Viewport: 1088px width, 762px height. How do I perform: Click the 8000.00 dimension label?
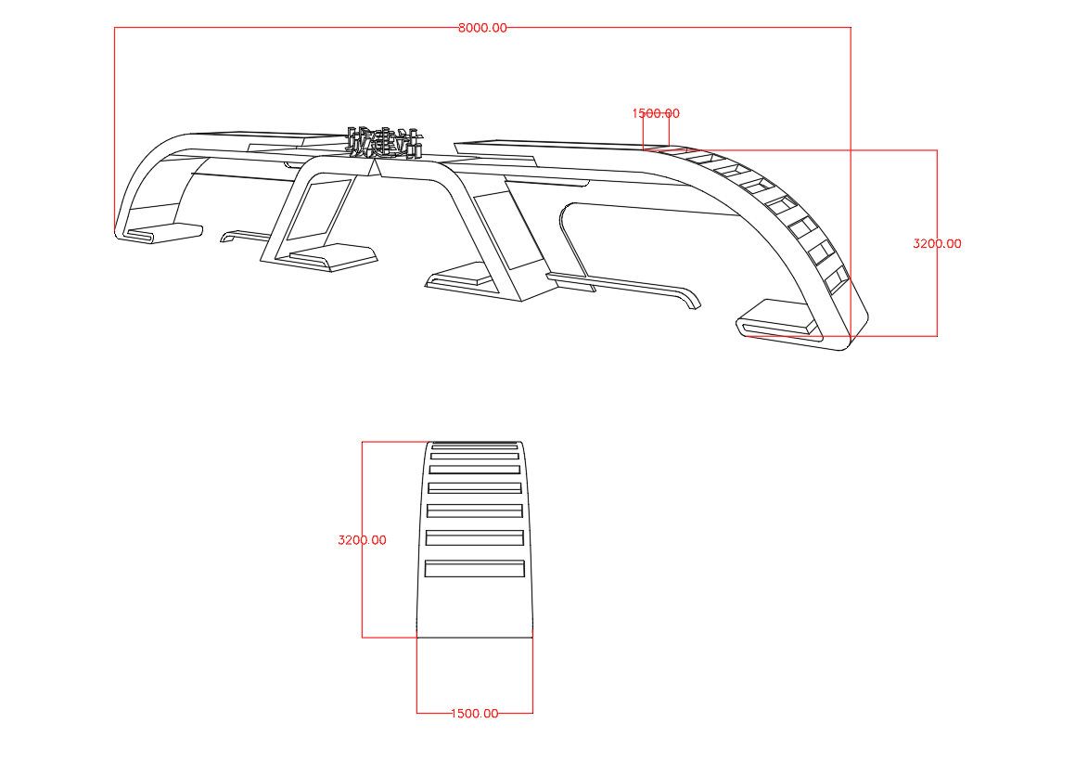[x=482, y=28]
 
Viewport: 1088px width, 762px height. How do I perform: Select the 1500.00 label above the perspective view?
[x=656, y=113]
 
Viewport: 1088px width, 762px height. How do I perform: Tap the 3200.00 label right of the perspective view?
[x=937, y=244]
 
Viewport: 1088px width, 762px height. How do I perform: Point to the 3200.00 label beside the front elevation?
[x=362, y=539]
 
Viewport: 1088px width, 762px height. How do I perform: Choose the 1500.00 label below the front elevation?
[x=474, y=713]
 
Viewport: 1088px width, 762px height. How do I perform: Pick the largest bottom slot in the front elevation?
[x=475, y=569]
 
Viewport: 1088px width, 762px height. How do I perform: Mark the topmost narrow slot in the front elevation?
[x=475, y=446]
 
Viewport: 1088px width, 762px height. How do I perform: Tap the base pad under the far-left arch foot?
[x=163, y=231]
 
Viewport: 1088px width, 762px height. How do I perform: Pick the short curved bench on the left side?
[x=243, y=235]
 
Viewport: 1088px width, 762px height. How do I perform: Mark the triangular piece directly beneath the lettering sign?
[x=376, y=167]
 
